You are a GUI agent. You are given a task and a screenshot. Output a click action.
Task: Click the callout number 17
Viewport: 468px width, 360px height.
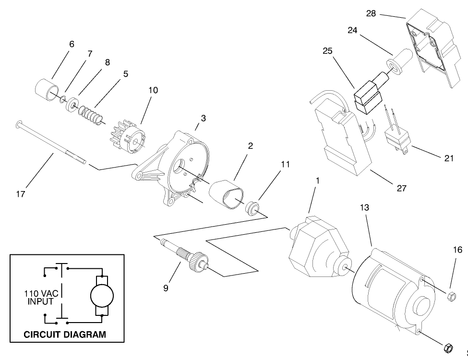point(21,194)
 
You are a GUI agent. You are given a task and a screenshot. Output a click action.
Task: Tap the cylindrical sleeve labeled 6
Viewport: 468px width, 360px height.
point(46,88)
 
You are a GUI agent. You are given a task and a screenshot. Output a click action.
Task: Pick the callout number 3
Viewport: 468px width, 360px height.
point(204,118)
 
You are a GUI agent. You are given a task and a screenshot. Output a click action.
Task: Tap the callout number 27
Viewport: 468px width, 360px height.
point(402,188)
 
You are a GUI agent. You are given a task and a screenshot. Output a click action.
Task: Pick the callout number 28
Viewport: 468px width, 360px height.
point(371,13)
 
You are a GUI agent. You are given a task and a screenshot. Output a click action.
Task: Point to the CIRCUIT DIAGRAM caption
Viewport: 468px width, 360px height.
point(65,335)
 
